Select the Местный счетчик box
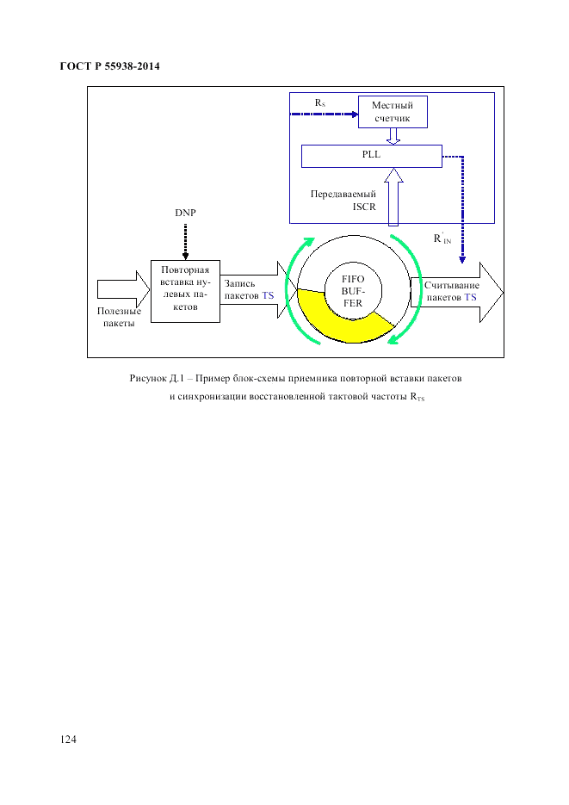click(x=392, y=111)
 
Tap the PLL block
click(x=370, y=156)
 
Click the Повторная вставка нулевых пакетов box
click(x=185, y=290)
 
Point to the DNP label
click(x=185, y=212)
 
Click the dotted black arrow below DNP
click(x=185, y=239)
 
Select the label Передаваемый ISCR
click(x=344, y=201)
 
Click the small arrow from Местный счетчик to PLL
click(x=393, y=136)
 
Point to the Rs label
click(x=319, y=102)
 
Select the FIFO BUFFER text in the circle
click(x=353, y=292)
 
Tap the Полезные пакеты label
click(x=119, y=317)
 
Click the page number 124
click(x=69, y=740)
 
